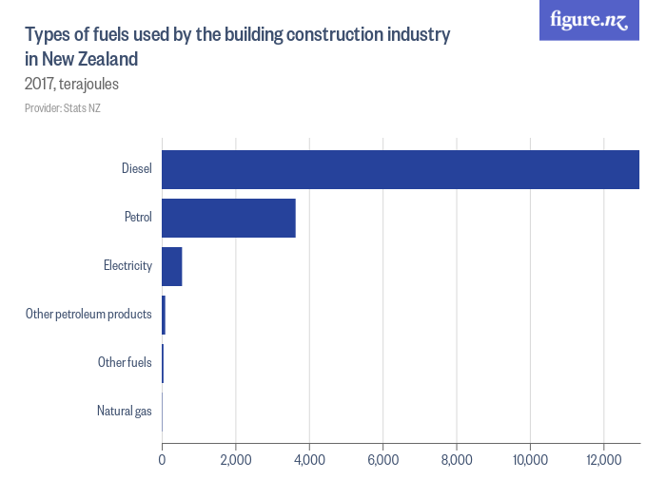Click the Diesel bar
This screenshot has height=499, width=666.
coord(400,169)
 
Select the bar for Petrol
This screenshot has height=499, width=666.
coord(228,218)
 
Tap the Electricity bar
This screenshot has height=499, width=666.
coord(171,266)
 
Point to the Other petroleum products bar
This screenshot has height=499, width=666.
coord(164,315)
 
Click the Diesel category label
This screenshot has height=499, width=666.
coord(137,169)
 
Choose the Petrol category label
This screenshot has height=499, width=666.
coord(138,218)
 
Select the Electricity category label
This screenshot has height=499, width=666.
coord(127,266)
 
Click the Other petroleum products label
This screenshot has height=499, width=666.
coord(88,315)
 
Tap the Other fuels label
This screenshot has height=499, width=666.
coord(125,363)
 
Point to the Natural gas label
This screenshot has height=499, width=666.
coord(125,412)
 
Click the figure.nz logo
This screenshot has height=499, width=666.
coord(589,20)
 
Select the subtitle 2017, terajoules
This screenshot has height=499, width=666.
coord(71,84)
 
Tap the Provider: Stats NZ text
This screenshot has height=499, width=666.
coord(63,108)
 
